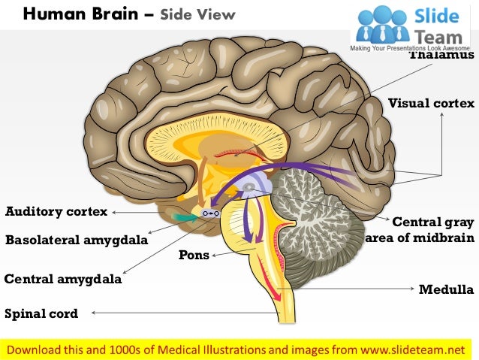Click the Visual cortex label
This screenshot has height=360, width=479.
(x=431, y=104)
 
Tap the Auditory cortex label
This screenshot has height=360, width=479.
(x=56, y=212)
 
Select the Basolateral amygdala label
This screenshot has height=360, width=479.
(x=76, y=241)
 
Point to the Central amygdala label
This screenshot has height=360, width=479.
(x=62, y=279)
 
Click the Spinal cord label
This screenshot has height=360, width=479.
(x=41, y=313)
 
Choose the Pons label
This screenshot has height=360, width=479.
(x=193, y=255)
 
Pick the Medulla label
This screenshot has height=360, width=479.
(x=446, y=289)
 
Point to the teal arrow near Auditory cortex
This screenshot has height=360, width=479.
(x=185, y=216)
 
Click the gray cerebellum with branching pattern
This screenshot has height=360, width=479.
(x=315, y=218)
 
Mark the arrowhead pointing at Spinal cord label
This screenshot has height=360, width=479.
(x=93, y=313)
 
